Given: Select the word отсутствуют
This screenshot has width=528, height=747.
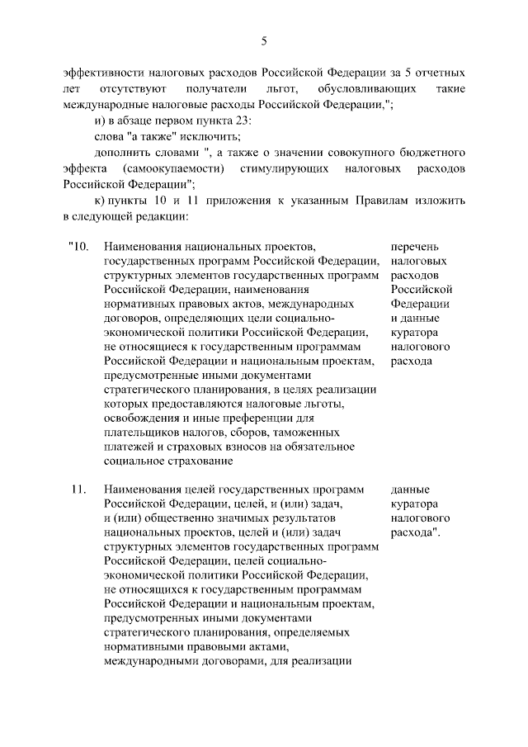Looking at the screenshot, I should (x=134, y=87).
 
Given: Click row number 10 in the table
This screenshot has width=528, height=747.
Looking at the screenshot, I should (x=77, y=246).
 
